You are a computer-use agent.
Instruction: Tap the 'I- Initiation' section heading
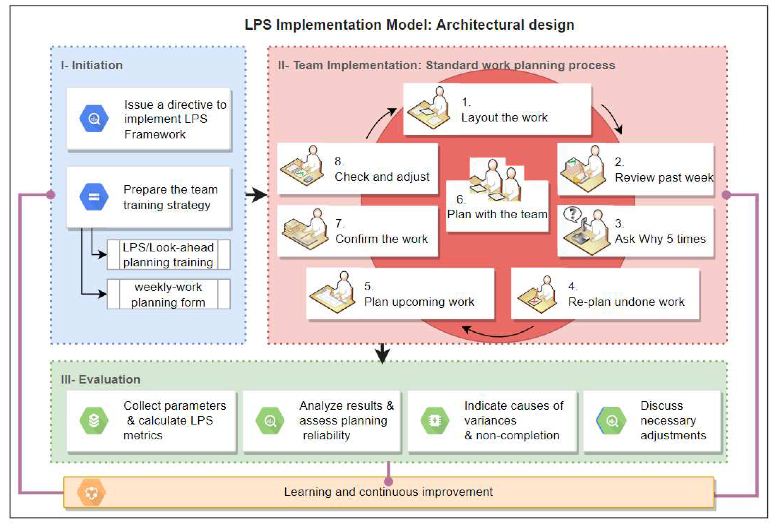coord(92,65)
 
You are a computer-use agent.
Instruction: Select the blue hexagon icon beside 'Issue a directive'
coord(94,119)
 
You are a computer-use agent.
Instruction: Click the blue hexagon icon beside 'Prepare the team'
coord(94,197)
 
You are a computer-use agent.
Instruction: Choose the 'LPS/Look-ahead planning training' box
coord(168,255)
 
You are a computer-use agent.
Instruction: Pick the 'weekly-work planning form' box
coord(168,294)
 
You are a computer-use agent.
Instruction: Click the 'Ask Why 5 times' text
coord(660,239)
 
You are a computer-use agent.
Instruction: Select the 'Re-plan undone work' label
coord(626,302)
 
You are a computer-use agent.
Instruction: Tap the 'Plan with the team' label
coord(497,214)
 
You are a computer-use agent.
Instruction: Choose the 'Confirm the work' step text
coord(381,239)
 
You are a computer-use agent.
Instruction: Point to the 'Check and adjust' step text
coord(382,177)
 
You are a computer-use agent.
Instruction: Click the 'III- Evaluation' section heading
coord(101,380)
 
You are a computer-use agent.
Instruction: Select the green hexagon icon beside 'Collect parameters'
coord(94,421)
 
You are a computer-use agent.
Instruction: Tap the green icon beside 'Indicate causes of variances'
coord(435,421)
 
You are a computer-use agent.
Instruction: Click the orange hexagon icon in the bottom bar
coord(91,492)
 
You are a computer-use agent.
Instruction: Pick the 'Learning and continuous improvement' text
coord(388,492)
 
